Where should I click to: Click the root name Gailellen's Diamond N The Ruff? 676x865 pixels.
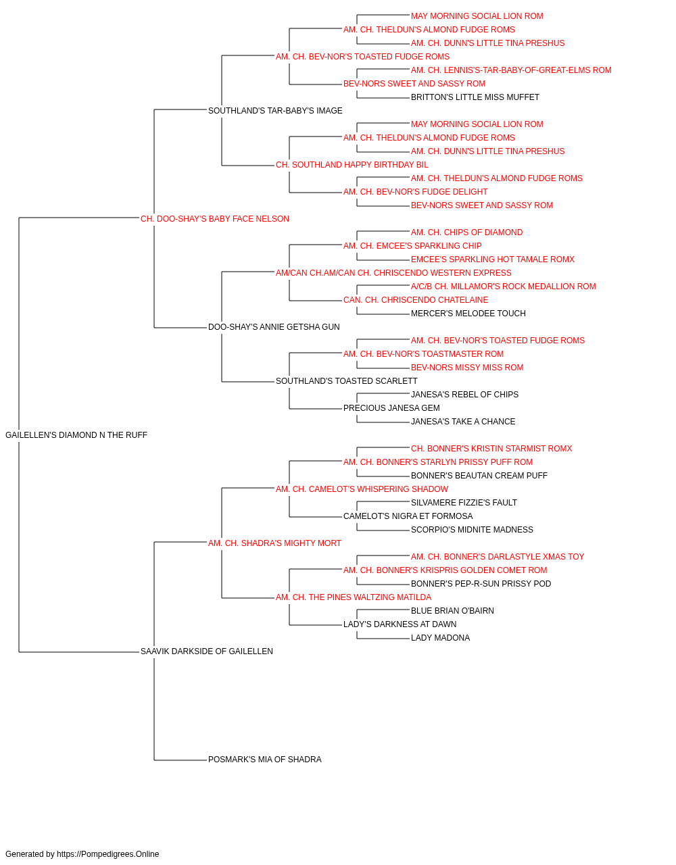tap(76, 435)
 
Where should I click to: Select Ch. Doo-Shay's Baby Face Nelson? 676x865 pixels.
tap(214, 219)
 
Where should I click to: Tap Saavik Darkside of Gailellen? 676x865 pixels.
tap(207, 651)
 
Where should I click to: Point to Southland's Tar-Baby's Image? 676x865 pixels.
tap(275, 111)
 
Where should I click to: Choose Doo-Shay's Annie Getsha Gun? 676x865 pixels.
tap(274, 327)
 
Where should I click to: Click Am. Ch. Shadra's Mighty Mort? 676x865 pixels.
tap(274, 543)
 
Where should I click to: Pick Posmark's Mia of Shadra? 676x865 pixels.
tap(265, 759)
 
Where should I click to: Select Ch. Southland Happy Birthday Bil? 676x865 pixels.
tap(352, 165)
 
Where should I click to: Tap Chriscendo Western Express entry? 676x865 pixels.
tap(393, 272)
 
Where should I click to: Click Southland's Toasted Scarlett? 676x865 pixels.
tap(346, 381)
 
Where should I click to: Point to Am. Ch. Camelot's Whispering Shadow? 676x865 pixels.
tap(362, 489)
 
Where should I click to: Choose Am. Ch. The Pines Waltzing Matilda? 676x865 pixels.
tap(354, 597)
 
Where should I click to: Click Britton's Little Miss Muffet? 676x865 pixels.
tap(475, 97)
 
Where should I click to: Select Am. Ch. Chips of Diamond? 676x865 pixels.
tap(466, 232)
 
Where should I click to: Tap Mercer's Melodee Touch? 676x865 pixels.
tap(468, 314)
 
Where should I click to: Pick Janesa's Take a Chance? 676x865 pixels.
tap(463, 422)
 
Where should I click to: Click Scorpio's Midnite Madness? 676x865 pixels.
tap(472, 529)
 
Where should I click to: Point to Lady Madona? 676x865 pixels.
tap(440, 638)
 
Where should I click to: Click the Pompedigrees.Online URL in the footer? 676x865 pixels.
tap(107, 854)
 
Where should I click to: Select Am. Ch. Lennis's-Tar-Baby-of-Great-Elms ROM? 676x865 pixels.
tap(511, 70)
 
